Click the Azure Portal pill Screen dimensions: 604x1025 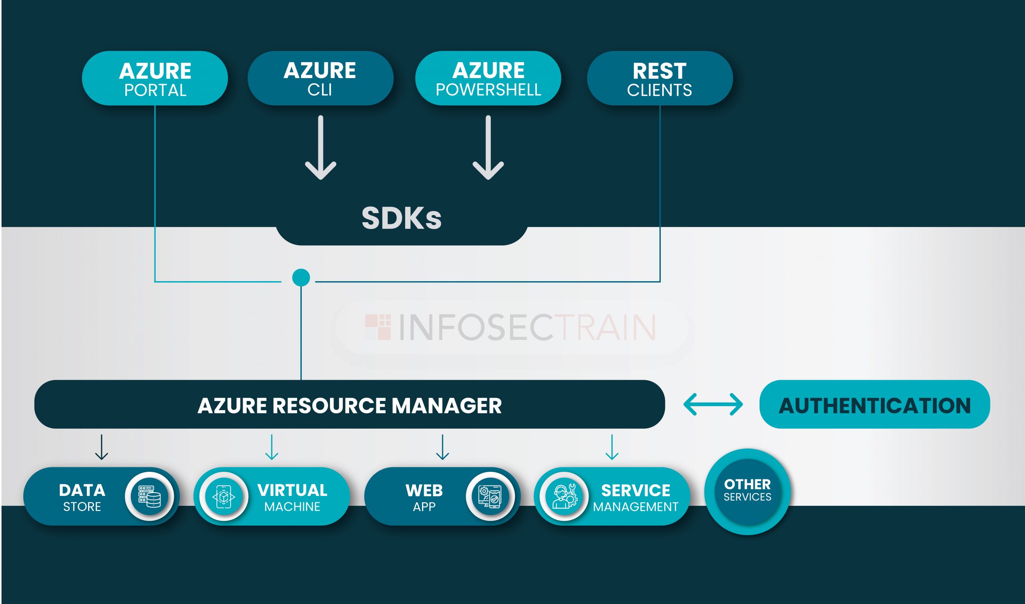coord(155,78)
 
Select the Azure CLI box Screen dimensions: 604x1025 coord(320,78)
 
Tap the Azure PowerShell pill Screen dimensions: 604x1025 coord(488,78)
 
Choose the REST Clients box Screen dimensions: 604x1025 coord(659,78)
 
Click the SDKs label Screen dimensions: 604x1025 coord(402,218)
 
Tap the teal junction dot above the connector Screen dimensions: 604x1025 coord(301,278)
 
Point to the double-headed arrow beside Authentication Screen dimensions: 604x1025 coord(713,404)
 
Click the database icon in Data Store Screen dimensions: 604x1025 coord(150,497)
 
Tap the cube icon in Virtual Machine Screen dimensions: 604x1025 coord(224,497)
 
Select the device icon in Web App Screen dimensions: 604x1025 coord(490,497)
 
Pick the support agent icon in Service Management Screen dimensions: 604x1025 coord(564,497)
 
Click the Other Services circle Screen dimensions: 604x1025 coord(747,492)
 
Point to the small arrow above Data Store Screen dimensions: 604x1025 coord(101,447)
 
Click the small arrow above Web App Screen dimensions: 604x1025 coord(442,447)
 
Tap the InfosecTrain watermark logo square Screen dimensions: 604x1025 coord(378,327)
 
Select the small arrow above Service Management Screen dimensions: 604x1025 coord(612,447)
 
